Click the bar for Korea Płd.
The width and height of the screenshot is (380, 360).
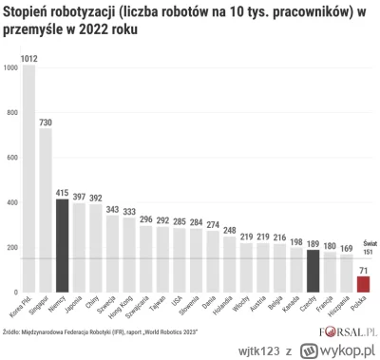(28, 180)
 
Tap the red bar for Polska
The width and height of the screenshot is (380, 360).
(362, 283)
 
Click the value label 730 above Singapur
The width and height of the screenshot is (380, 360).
(46, 121)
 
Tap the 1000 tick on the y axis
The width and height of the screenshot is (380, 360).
(10, 67)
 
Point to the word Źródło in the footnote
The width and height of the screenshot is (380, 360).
(12, 332)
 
